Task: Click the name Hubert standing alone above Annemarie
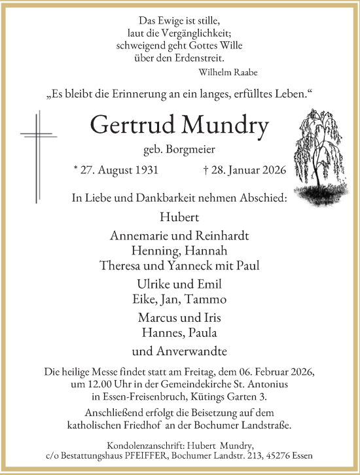pos(179,217)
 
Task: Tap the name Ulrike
pos(152,285)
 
